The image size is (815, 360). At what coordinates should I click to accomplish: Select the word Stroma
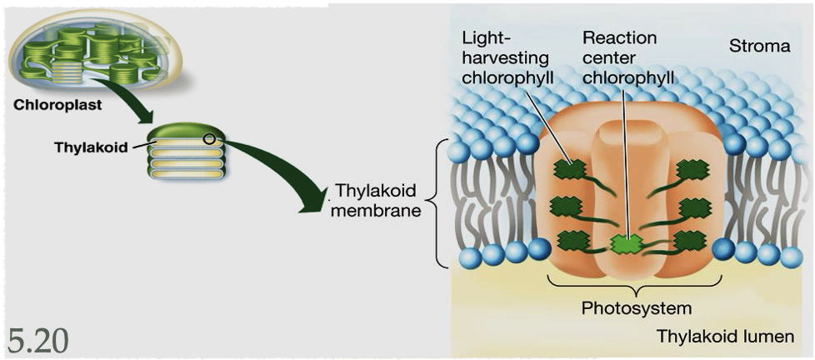click(x=759, y=46)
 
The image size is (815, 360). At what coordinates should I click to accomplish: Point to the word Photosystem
click(x=636, y=308)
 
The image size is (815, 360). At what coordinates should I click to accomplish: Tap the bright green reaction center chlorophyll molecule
click(x=627, y=244)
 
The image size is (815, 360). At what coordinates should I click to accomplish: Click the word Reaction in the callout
click(x=619, y=38)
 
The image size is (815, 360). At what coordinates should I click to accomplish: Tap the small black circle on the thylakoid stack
click(x=209, y=138)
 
